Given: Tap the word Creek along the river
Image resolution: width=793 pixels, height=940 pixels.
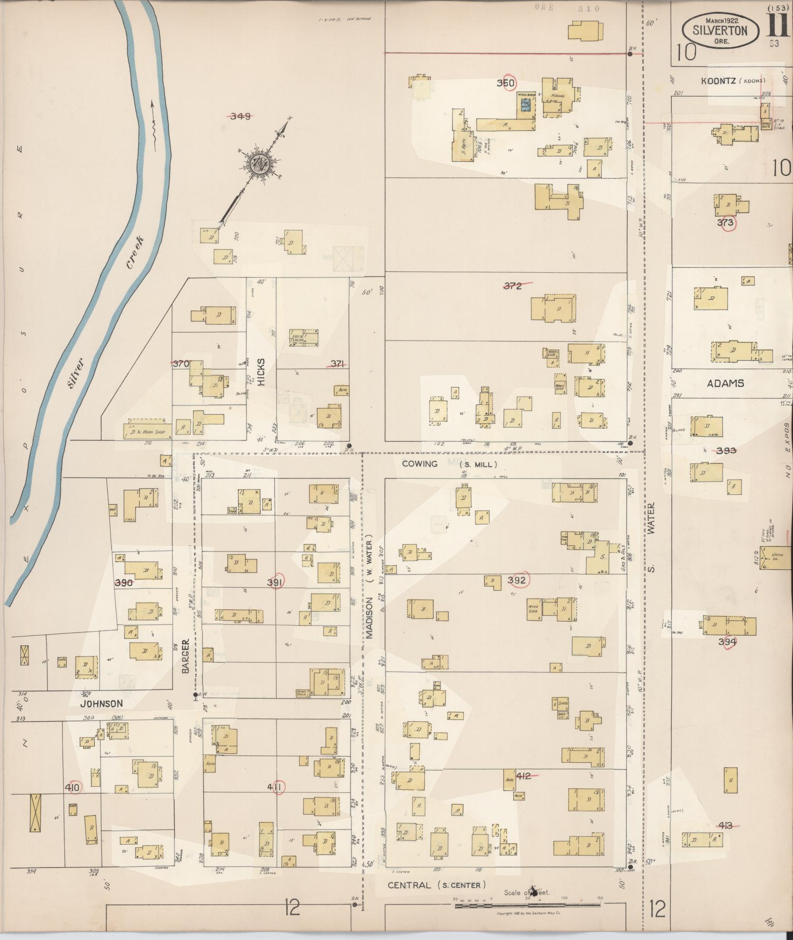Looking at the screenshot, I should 135,253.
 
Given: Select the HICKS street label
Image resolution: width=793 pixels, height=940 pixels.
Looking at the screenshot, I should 261,371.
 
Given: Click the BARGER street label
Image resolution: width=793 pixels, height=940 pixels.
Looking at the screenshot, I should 185,656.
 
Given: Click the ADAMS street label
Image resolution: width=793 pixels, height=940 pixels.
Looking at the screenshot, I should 725,383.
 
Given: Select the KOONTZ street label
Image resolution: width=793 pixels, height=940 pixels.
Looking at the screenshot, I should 719,81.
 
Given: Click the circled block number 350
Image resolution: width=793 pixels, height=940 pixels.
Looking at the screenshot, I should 505,83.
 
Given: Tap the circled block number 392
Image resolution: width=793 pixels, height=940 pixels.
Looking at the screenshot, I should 517,580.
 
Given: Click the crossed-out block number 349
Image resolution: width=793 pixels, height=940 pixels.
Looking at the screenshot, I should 240,116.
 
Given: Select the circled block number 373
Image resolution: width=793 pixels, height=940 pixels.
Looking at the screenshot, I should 725,223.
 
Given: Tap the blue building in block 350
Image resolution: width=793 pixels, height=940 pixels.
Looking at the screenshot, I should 525,105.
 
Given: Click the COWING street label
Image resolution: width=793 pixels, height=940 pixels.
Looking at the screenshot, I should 419,463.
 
